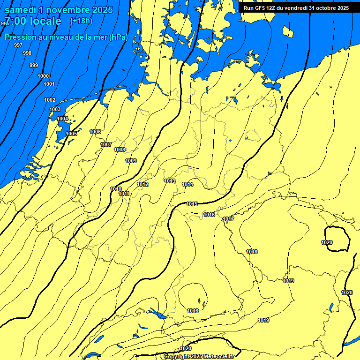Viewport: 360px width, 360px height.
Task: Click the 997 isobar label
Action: click(x=18, y=45)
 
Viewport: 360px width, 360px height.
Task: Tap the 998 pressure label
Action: click(x=27, y=53)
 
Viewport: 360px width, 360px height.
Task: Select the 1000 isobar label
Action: click(x=43, y=76)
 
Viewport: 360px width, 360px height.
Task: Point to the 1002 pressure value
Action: click(x=50, y=100)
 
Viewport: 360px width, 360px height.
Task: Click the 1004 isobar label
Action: click(x=62, y=119)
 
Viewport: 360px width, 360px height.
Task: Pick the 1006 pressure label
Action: click(x=95, y=132)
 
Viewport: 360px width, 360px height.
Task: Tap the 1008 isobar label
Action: click(x=120, y=150)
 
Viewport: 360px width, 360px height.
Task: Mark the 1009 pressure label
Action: click(x=131, y=161)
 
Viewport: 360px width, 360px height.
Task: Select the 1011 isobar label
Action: click(x=124, y=194)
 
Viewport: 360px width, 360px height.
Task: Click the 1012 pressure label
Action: click(x=142, y=184)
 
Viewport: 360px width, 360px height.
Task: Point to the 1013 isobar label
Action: click(x=170, y=181)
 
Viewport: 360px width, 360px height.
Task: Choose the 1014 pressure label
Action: click(x=187, y=184)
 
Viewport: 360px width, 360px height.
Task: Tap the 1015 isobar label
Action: click(x=192, y=204)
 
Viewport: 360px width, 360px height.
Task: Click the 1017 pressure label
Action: click(x=228, y=219)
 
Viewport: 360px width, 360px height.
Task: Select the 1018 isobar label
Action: click(x=252, y=252)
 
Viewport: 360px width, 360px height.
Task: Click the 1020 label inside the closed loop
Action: click(x=327, y=242)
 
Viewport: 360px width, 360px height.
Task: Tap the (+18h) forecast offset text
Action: click(x=81, y=21)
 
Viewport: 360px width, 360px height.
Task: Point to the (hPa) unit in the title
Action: click(x=119, y=37)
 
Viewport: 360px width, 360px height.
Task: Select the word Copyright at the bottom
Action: click(x=177, y=356)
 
